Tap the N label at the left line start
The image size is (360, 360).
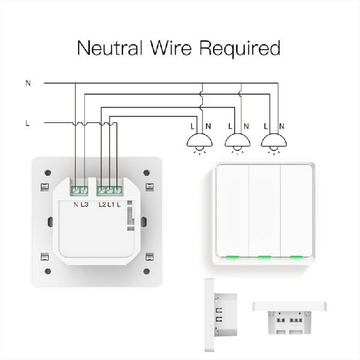[28, 83]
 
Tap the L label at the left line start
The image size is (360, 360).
[28, 124]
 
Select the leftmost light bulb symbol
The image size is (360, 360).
[200, 143]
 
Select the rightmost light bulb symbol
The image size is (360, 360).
[274, 143]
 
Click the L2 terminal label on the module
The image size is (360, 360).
[102, 206]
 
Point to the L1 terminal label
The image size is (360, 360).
[111, 206]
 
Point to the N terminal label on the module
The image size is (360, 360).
[76, 206]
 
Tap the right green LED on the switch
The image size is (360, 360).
[295, 257]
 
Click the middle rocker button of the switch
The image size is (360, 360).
[262, 210]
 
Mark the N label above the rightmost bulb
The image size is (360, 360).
[282, 126]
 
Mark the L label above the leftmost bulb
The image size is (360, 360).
[192, 126]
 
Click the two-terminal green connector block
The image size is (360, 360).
[80, 191]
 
